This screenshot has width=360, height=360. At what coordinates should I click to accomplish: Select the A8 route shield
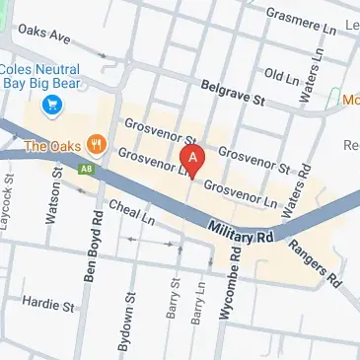pos(86,170)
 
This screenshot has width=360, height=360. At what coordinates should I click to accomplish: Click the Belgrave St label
pos(233,94)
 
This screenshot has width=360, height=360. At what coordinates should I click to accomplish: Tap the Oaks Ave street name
pos(44,36)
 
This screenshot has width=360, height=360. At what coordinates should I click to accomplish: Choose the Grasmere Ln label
pos(301,17)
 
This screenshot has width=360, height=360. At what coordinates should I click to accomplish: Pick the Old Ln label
pos(281,76)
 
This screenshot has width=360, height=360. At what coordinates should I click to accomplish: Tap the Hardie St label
pos(49,306)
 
